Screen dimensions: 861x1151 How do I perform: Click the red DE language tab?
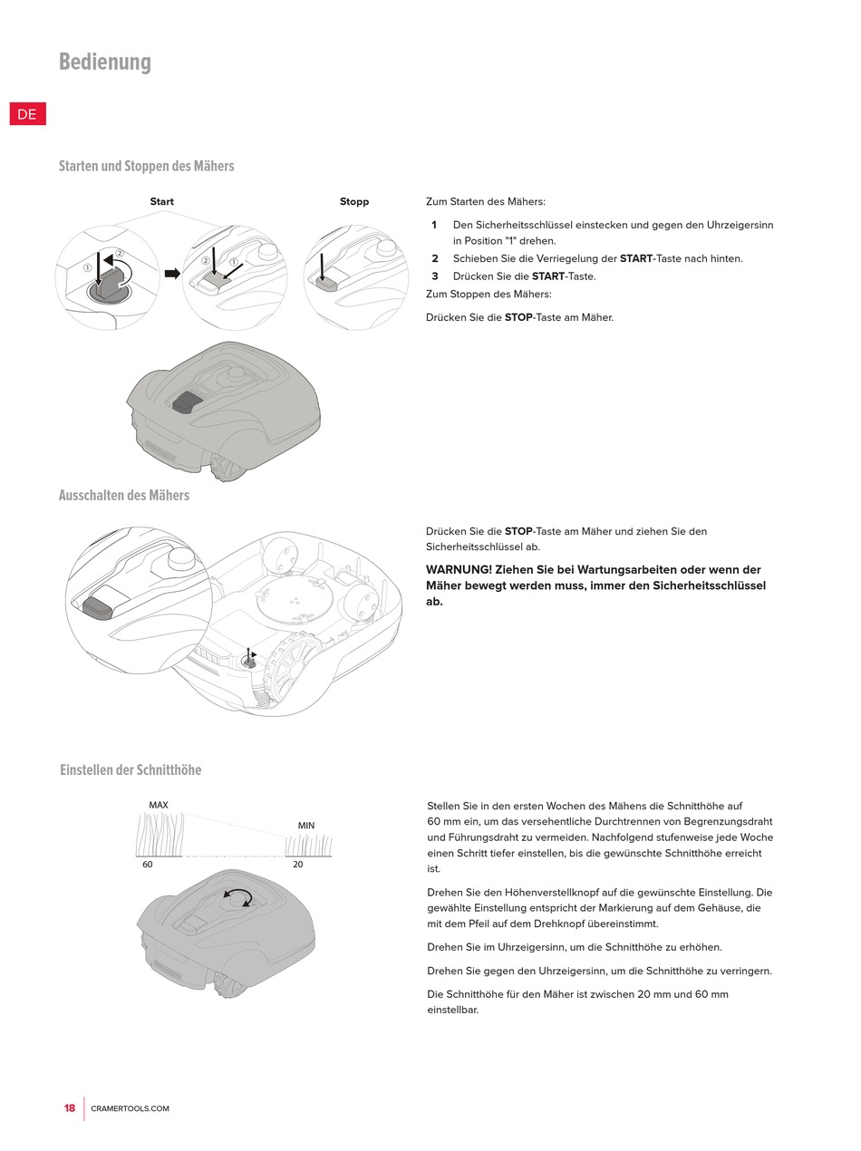(28, 114)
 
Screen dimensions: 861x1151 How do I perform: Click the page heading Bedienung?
(105, 62)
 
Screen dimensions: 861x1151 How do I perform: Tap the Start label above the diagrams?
(161, 201)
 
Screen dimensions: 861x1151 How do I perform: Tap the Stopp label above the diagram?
(354, 201)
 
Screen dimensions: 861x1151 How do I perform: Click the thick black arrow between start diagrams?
(172, 273)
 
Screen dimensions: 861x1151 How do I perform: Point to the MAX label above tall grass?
(159, 805)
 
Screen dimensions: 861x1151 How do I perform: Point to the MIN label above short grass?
(306, 826)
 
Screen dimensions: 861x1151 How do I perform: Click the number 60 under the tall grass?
(148, 865)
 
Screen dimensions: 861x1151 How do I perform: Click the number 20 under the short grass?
(298, 865)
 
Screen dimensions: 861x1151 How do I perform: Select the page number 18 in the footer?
(70, 1108)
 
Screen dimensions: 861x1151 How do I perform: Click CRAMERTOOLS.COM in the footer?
(130, 1108)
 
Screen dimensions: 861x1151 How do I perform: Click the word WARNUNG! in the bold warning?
(459, 569)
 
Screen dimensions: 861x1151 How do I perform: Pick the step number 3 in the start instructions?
(435, 276)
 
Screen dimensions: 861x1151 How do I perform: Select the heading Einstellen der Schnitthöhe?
(131, 769)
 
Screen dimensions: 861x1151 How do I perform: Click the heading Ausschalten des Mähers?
(124, 495)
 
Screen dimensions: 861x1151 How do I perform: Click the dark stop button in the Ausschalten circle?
(99, 608)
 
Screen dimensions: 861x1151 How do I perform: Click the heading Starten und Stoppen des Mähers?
(146, 166)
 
